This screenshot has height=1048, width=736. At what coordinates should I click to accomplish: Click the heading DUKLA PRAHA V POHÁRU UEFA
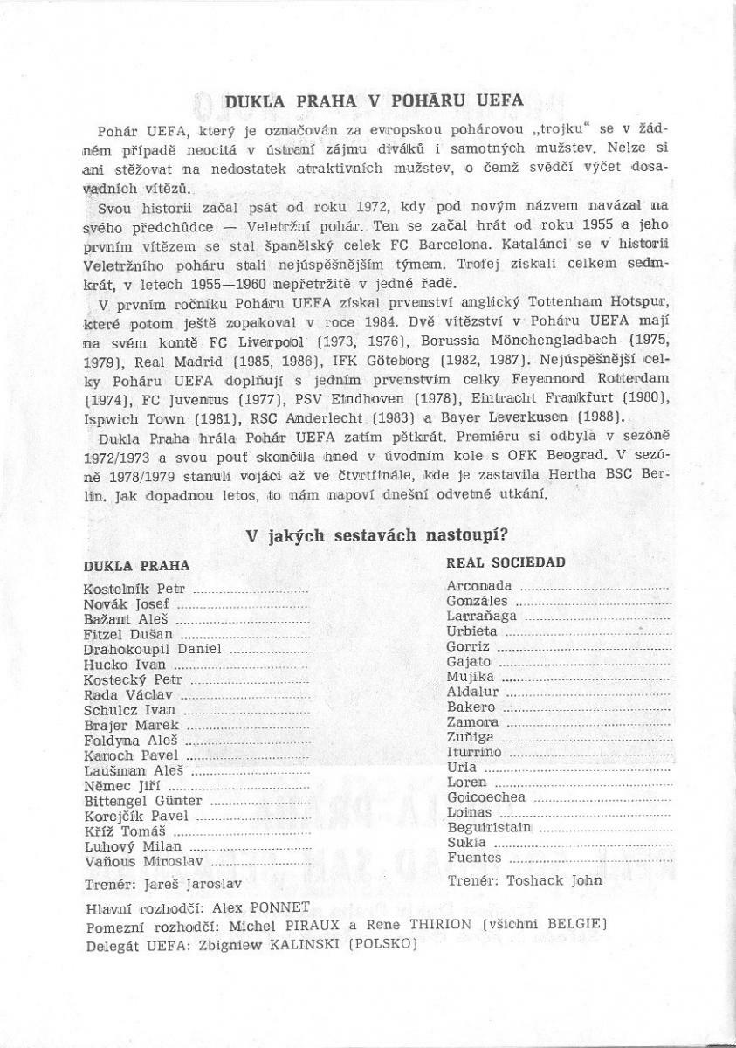click(375, 100)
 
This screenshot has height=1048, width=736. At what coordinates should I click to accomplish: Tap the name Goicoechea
click(485, 797)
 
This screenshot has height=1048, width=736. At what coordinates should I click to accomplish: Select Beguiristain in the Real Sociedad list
click(488, 828)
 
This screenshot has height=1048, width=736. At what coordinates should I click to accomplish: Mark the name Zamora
click(472, 722)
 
